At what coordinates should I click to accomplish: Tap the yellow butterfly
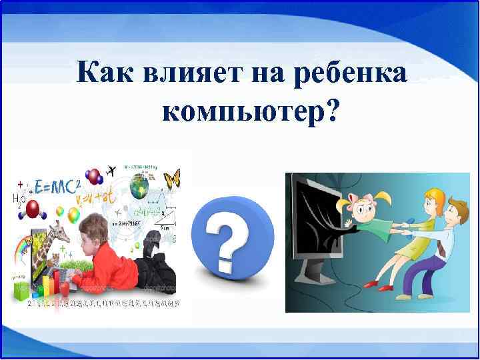[x=172, y=179]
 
